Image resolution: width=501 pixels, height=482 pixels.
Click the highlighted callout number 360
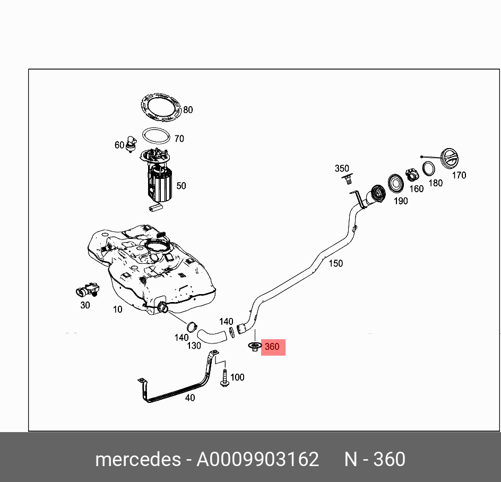pyautogui.click(x=272, y=347)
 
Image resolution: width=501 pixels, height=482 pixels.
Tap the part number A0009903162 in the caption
pyautogui.click(x=258, y=459)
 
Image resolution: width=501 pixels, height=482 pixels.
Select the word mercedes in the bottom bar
pyautogui.click(x=137, y=459)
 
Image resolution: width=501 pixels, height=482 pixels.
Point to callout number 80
pyautogui.click(x=187, y=110)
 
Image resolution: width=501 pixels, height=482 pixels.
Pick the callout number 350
pyautogui.click(x=342, y=169)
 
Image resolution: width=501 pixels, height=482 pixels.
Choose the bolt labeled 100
pyautogui.click(x=224, y=377)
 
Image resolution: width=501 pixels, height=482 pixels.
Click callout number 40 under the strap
pyautogui.click(x=190, y=398)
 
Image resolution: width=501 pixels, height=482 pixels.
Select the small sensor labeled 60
pyautogui.click(x=132, y=144)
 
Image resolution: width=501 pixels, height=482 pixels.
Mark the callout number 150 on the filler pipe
pyautogui.click(x=335, y=263)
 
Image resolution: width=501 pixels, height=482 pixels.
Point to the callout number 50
pyautogui.click(x=181, y=186)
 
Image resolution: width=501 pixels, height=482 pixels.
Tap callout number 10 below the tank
pyautogui.click(x=117, y=309)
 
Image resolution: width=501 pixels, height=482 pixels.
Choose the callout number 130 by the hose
pyautogui.click(x=194, y=346)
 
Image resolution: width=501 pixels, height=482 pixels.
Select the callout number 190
pyautogui.click(x=401, y=201)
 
